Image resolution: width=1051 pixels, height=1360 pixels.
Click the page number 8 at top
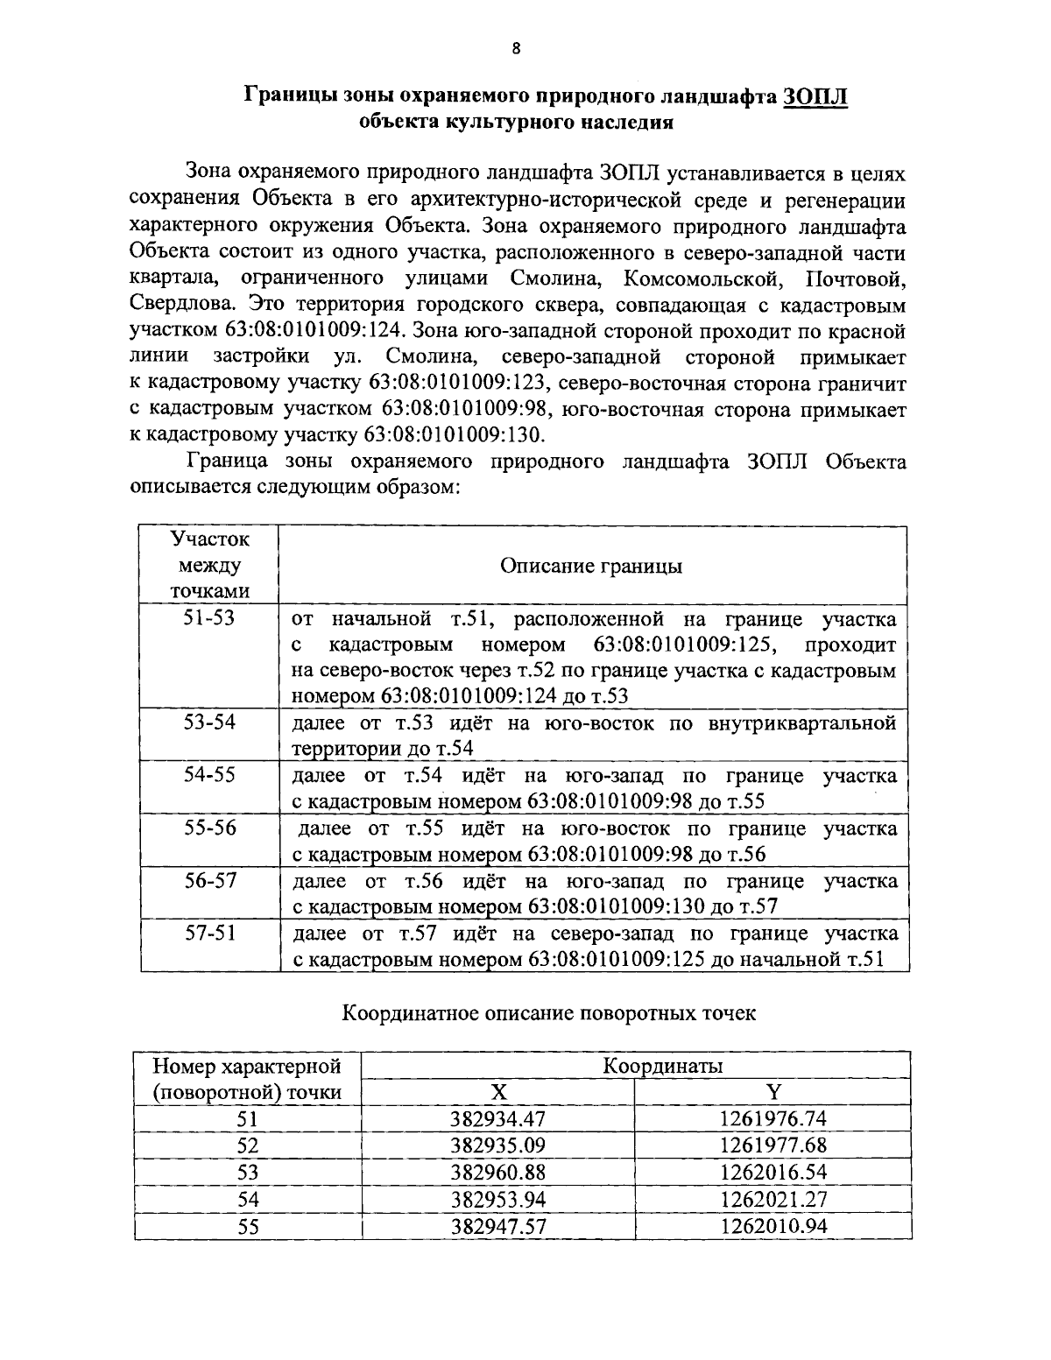516,49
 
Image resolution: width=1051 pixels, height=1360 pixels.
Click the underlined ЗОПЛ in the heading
815,95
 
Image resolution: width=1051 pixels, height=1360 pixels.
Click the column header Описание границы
591,566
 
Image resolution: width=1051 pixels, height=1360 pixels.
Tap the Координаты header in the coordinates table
662,1066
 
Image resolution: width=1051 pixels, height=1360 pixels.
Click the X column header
498,1092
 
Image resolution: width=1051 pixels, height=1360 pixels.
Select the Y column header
773,1092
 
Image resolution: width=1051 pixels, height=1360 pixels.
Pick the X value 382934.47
498,1119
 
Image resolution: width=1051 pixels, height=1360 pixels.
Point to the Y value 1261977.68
773,1145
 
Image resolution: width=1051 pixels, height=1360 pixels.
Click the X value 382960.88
498,1173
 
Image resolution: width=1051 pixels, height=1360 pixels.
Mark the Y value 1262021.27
773,1200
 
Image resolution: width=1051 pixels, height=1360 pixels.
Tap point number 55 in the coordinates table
249,1227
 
